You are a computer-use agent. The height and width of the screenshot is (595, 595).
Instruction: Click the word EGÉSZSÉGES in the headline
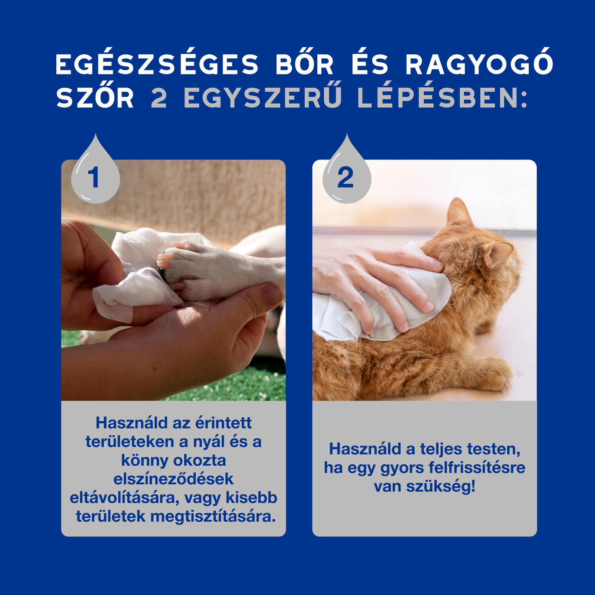point(157,65)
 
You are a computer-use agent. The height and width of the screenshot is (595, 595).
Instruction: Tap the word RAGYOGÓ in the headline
point(479,65)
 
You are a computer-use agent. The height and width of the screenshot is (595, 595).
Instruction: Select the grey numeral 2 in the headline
point(159,98)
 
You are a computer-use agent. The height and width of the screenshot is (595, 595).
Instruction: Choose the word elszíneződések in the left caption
point(173,479)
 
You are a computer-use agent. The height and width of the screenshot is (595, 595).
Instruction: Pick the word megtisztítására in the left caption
point(213,516)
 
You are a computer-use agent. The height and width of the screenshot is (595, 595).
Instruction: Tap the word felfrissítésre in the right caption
point(477,468)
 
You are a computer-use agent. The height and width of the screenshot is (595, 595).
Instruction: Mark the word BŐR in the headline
point(305,65)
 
